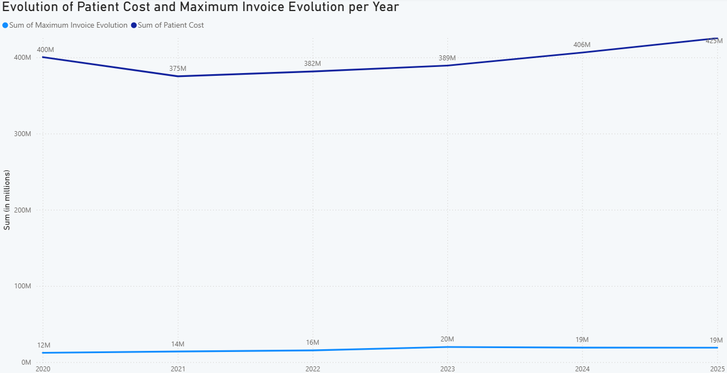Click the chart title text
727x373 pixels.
click(200, 7)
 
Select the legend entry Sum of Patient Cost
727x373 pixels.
click(171, 25)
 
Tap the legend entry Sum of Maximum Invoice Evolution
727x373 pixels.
click(68, 25)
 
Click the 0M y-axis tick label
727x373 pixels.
click(26, 362)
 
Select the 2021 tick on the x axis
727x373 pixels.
click(178, 369)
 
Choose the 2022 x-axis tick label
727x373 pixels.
click(313, 369)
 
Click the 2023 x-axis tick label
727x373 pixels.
click(447, 369)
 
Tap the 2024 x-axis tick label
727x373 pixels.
click(582, 369)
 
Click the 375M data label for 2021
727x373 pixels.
click(178, 69)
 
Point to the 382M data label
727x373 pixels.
click(312, 64)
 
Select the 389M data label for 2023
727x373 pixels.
click(447, 58)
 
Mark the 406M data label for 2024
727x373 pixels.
click(582, 45)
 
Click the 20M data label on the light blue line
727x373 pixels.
click(447, 339)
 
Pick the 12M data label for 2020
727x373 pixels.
click(44, 345)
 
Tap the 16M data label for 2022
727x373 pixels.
click(312, 343)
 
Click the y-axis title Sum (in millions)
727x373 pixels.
click(7, 200)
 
